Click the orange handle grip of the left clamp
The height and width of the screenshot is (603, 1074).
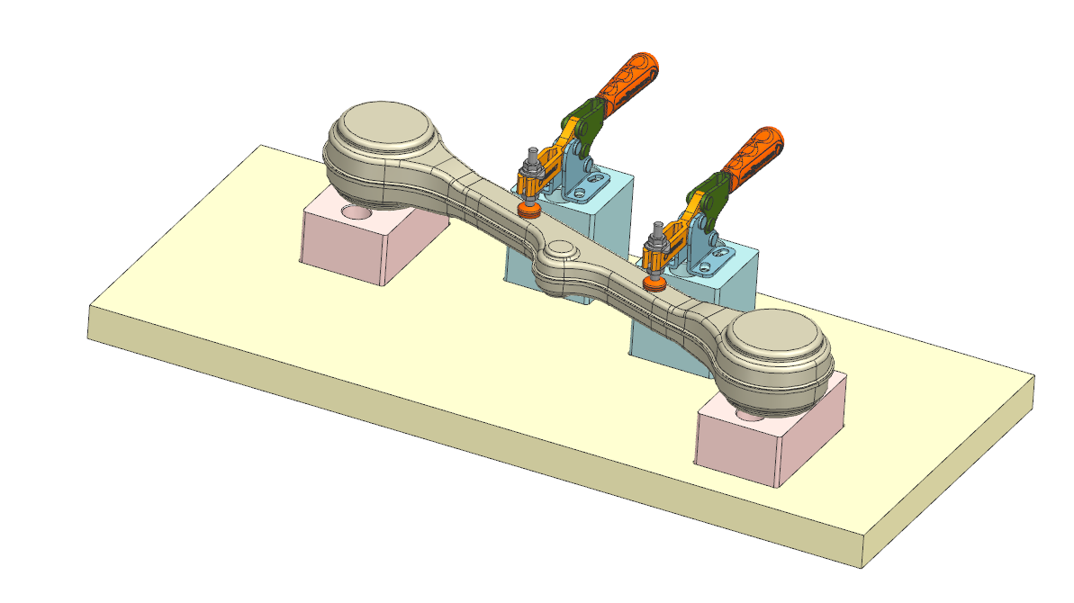(x=630, y=81)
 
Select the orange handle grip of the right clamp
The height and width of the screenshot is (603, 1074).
(x=754, y=153)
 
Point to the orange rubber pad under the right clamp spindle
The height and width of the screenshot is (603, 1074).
(x=654, y=283)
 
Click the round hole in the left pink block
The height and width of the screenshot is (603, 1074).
(x=356, y=214)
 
